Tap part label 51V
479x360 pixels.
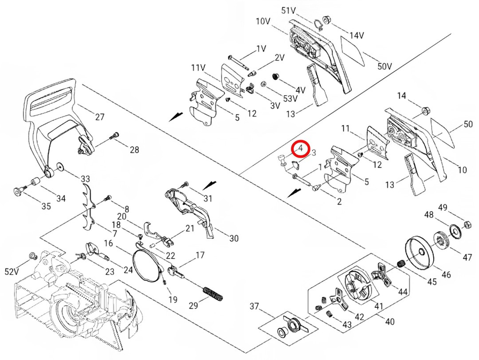pos(288,10)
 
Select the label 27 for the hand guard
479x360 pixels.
pos(100,118)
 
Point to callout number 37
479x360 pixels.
pos(254,306)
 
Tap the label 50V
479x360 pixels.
pos(384,66)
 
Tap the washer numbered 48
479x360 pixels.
pos(456,231)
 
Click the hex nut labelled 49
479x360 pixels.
pos(467,223)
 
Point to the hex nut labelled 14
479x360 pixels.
pos(425,111)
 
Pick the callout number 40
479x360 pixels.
pos(390,322)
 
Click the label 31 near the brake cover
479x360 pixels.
pos(208,199)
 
